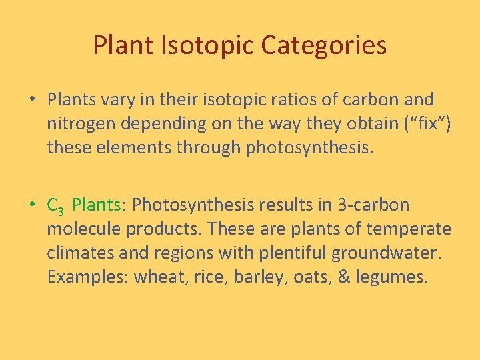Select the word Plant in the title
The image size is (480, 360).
pos(124,46)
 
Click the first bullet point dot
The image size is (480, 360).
pos(32,100)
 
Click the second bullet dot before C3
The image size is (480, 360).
pos(32,205)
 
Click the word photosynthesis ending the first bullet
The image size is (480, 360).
pos(310,148)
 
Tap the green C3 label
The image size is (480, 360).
pos(55,206)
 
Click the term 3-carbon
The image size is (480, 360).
pos(374,205)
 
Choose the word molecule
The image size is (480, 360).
pos(84,229)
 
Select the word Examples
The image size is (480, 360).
pos(87,277)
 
